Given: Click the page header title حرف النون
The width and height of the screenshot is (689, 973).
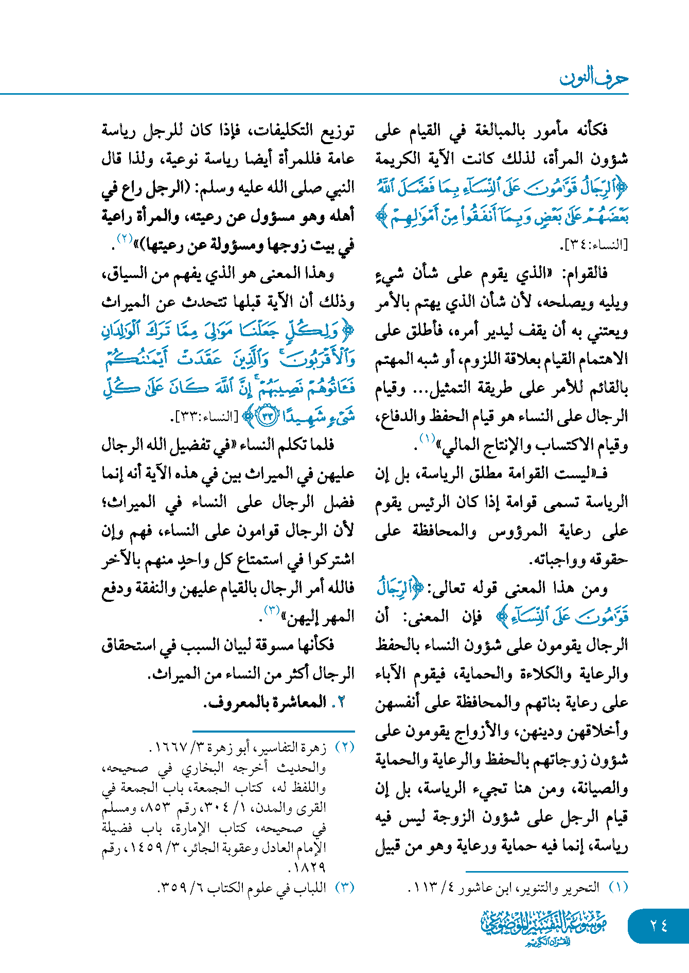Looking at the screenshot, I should pos(594,78).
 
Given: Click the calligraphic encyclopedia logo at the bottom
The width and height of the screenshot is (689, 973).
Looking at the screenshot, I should pos(544,927).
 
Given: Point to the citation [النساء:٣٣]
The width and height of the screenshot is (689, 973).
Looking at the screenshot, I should pos(206,416).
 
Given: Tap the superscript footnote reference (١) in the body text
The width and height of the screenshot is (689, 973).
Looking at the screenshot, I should pos(428,439).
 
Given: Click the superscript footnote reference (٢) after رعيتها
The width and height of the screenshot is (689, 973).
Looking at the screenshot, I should pos(126,238).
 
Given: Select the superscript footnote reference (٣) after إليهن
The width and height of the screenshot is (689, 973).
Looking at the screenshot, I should pos(272,610).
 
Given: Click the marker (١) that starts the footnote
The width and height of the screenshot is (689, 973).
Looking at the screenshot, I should pos(619,887).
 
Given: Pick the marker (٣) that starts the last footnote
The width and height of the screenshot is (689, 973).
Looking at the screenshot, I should pos(344,887).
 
